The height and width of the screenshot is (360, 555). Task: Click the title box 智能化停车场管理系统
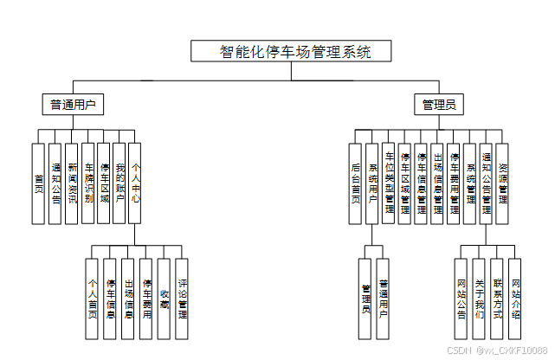point(292,51)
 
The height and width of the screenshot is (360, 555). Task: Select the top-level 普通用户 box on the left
point(74,105)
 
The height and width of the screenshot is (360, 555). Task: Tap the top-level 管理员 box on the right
point(438,105)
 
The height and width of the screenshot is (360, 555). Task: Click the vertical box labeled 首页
point(38,183)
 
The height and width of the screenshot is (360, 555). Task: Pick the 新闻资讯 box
point(72,183)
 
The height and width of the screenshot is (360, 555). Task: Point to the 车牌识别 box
point(88,183)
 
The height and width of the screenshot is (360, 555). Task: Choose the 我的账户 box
point(120,183)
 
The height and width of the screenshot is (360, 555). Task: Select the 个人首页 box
point(93,298)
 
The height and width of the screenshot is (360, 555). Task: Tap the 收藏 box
point(165,298)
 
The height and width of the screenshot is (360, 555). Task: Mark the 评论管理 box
point(182,298)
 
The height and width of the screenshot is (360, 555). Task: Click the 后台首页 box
point(356,183)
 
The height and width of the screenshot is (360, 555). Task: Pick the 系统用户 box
point(372,183)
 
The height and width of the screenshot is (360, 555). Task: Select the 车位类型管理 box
point(389,183)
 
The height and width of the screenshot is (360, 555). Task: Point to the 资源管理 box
point(503,183)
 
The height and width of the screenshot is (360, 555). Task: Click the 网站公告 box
point(461,298)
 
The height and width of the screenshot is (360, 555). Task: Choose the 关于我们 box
point(479,298)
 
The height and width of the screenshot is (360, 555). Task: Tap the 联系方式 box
point(497,298)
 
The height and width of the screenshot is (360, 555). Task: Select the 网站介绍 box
point(515,298)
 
